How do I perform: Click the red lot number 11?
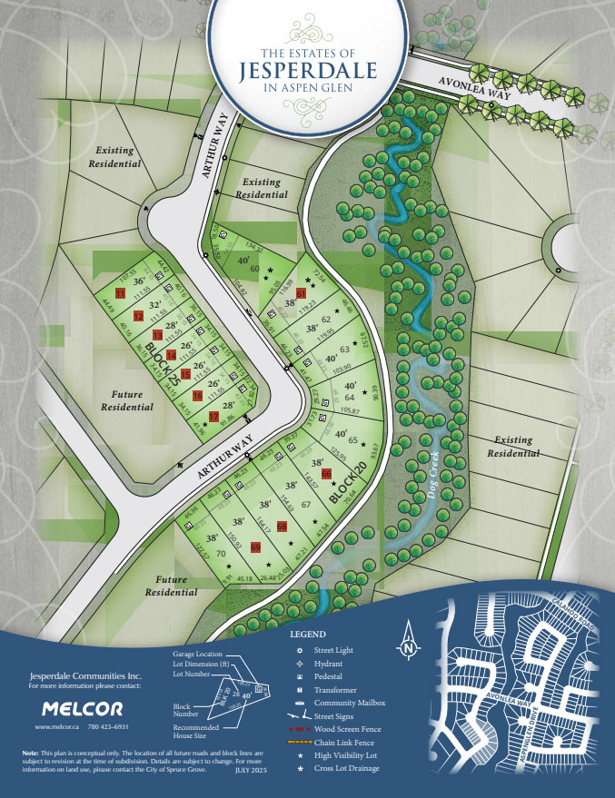pos(120,291)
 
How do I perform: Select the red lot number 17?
pos(214,417)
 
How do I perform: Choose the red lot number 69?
pos(255,547)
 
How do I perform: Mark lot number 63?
pos(344,349)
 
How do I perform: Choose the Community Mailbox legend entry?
pos(349,703)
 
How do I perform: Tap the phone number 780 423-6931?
pos(114,727)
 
